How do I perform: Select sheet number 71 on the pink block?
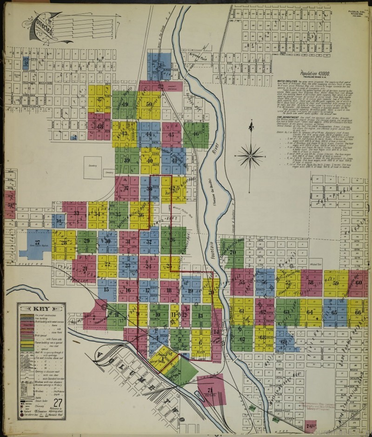point(210,390)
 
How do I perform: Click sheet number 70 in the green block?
point(232,252)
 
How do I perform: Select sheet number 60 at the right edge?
point(358,282)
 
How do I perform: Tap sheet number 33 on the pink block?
point(76,213)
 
